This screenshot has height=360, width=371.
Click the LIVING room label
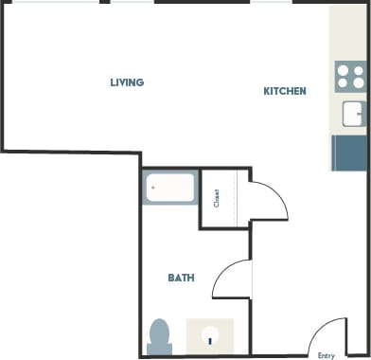126,82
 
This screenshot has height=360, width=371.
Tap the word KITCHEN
284,92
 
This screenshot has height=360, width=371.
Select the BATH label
181,279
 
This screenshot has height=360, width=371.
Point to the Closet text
217,198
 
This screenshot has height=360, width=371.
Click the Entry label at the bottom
327,355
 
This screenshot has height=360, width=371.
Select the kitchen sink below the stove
353,114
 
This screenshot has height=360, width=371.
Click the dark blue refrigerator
349,153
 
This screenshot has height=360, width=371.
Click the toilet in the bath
159,334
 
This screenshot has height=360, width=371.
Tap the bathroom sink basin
210,333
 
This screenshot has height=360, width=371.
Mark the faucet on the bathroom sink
210,340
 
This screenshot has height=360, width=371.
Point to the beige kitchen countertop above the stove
349,34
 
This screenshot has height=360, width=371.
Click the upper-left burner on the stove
343,69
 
